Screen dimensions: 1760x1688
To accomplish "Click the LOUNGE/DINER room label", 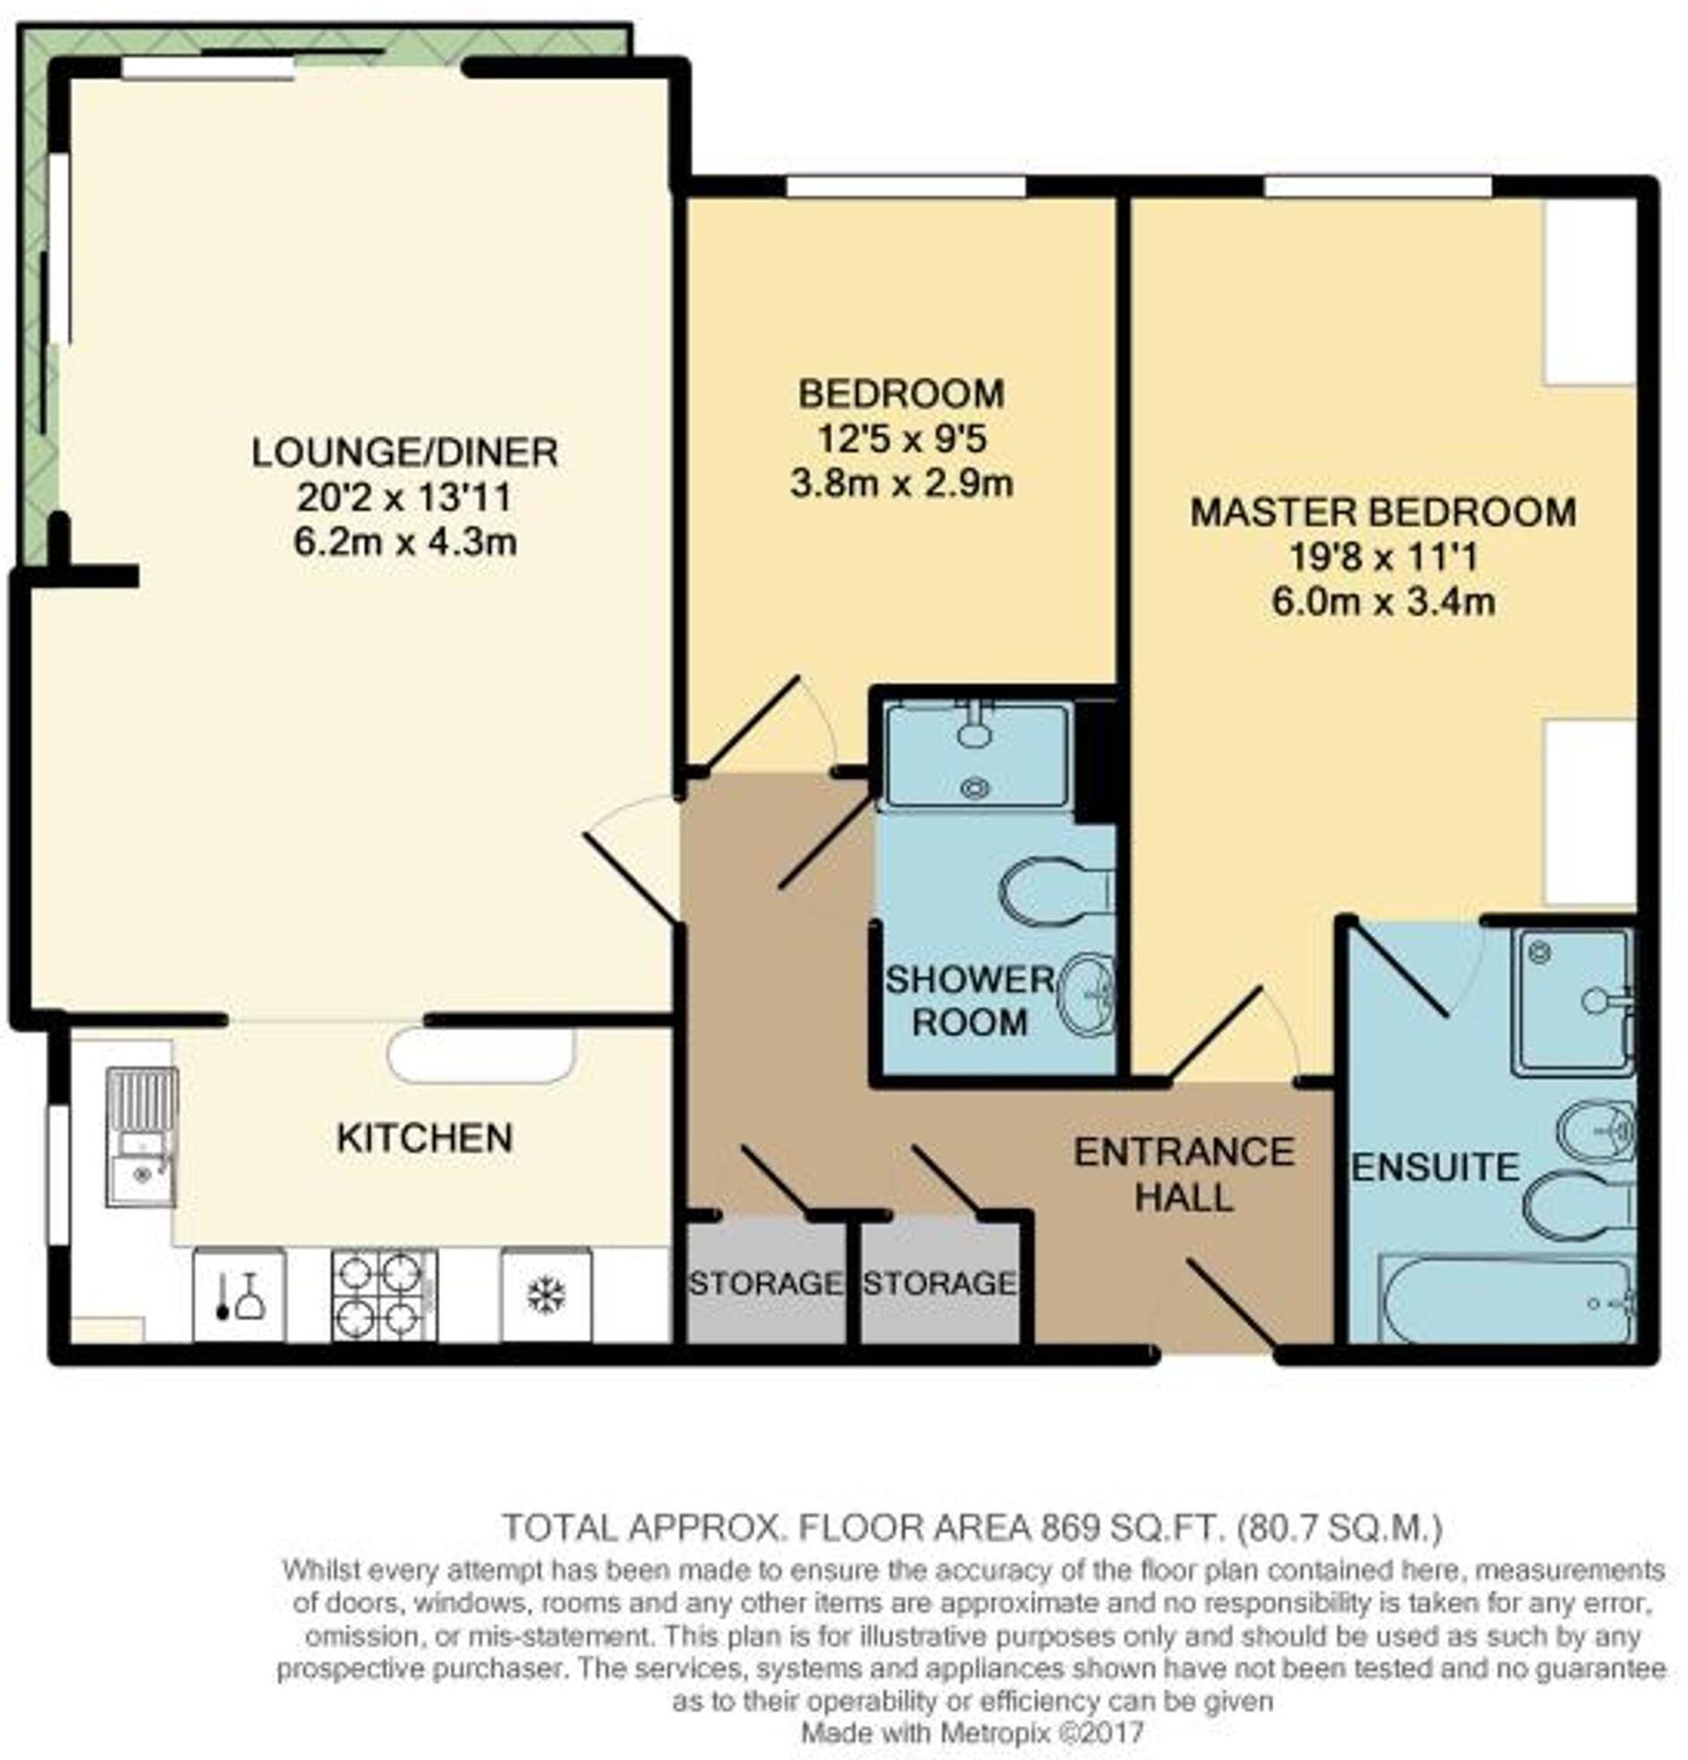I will tap(405, 452).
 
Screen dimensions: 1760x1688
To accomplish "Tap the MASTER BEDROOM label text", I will tap(1381, 512).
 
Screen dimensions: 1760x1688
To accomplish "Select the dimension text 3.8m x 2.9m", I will tap(901, 484).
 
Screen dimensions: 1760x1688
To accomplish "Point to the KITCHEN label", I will tap(424, 1138).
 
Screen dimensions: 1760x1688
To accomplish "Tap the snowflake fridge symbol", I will tap(545, 1294).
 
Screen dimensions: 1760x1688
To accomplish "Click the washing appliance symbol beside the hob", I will tap(239, 1296).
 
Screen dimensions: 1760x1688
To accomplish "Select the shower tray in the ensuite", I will tap(1571, 1001).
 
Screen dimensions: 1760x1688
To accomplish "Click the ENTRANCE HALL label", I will tap(1183, 1174).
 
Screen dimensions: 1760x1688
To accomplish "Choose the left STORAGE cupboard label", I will tap(764, 1283).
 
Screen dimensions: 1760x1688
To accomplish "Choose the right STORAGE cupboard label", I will tap(940, 1283).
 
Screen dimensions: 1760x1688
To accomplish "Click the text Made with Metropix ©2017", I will tap(971, 1731).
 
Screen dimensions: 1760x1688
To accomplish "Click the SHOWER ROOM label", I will tap(970, 1001).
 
